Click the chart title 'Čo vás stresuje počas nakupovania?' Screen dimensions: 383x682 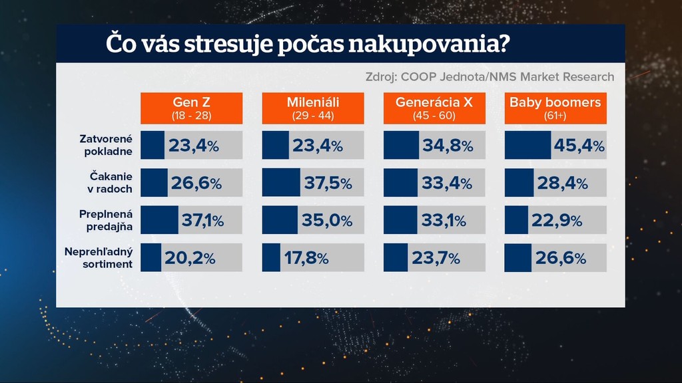coord(308,45)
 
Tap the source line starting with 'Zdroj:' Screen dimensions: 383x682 coord(490,76)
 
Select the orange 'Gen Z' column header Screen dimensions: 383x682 coord(191,108)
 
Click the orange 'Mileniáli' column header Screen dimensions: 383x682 coord(313,108)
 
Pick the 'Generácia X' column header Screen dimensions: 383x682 coord(434,108)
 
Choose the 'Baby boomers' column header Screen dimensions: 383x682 coord(555,108)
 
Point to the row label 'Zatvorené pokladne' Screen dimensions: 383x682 coord(106,145)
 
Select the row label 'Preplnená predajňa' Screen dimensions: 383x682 coord(106,221)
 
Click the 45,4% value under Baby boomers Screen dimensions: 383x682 coord(579,146)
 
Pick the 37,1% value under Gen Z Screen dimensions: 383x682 coord(202,221)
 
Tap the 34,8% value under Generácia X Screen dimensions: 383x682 coord(447,146)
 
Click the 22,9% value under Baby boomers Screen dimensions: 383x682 coord(556,221)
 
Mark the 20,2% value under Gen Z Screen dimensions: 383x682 coord(190,258)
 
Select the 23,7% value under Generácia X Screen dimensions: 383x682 coord(436,258)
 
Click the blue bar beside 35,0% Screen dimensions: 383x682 coord(280,220)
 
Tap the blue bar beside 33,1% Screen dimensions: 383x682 coord(400,220)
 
